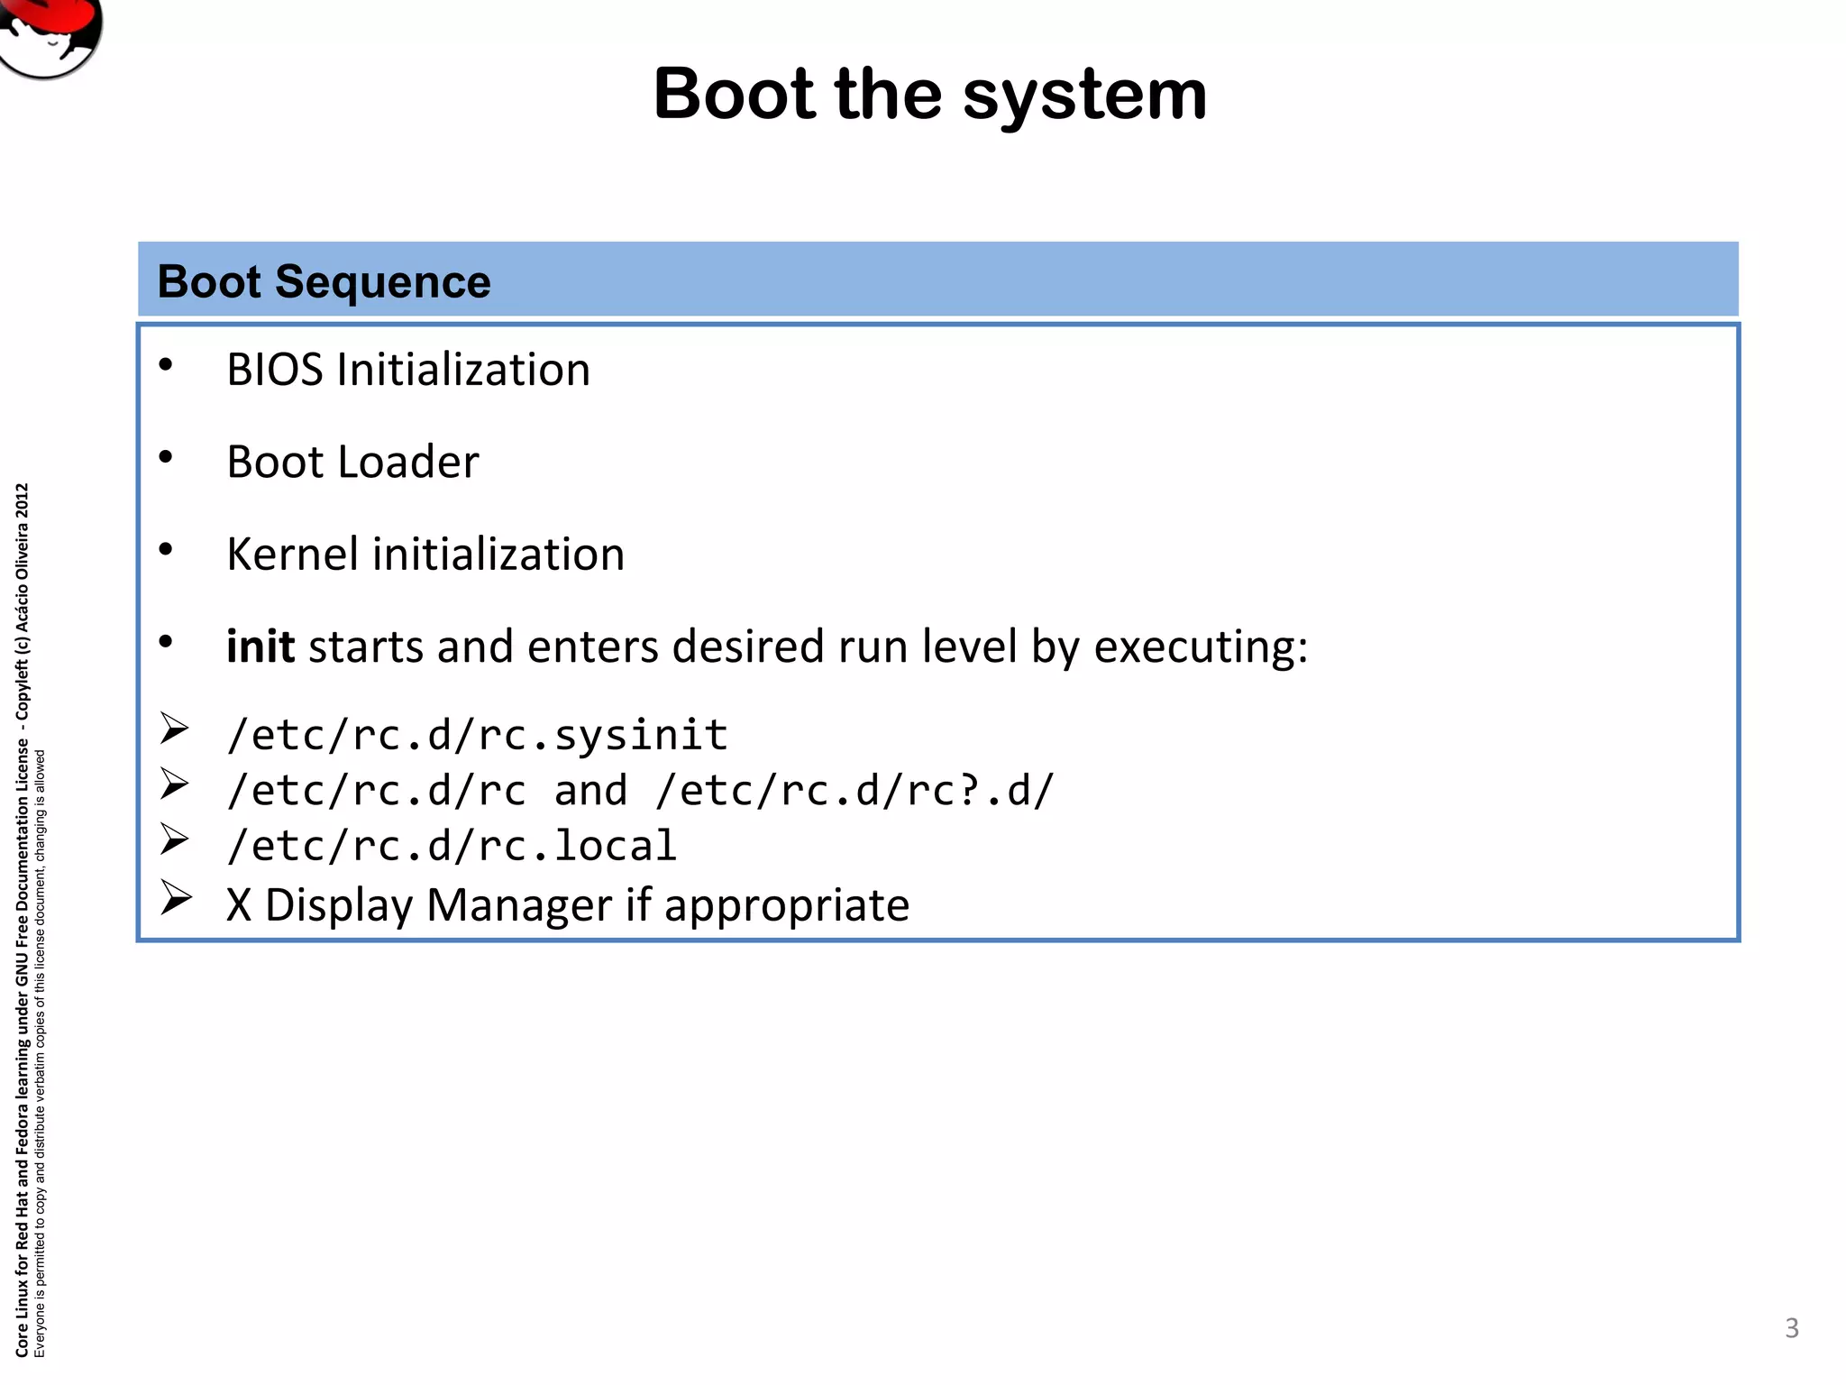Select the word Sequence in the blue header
382,282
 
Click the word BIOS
275,370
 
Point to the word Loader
415,463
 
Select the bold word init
260,647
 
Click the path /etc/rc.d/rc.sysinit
477,735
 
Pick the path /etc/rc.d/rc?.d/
854,791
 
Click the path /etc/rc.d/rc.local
452,846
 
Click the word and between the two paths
590,791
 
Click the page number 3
1791,1327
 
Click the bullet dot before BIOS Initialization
165,365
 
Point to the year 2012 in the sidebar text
23,501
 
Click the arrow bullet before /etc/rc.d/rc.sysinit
174,729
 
